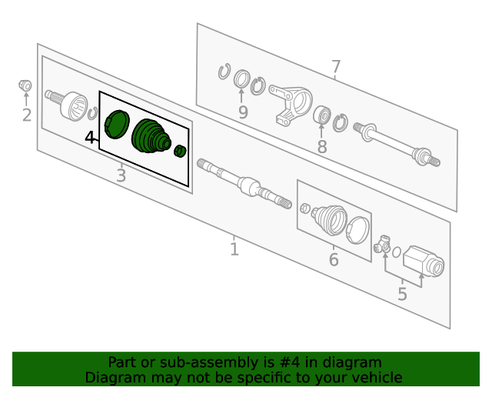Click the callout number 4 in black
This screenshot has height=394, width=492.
point(90,138)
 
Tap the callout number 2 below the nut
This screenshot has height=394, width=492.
point(27,115)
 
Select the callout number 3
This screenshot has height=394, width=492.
point(121,175)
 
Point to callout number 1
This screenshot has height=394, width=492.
point(234,249)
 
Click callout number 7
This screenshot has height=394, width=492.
point(336,67)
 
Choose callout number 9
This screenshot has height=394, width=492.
point(243,112)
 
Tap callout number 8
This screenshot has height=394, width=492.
point(322,147)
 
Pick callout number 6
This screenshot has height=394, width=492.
point(334,259)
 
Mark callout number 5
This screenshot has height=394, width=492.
point(402,294)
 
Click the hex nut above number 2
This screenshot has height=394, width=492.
point(25,85)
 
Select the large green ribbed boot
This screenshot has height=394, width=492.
point(151,136)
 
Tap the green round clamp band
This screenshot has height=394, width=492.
point(116,124)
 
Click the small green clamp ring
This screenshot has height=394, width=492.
point(180,151)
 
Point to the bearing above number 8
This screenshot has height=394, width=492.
point(322,115)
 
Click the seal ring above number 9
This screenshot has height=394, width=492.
point(242,78)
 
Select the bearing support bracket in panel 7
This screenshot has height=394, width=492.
point(291,105)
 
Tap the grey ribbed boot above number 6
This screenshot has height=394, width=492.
point(330,219)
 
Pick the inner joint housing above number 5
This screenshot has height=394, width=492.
point(424,261)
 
